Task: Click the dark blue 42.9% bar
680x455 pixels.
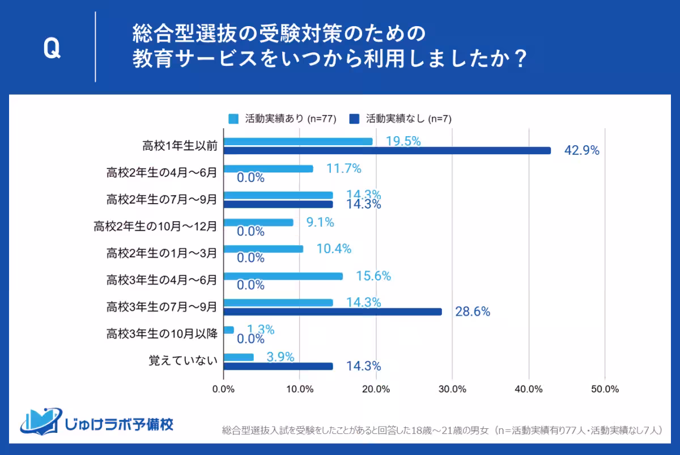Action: pos(387,150)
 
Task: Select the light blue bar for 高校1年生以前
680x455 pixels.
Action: pos(298,141)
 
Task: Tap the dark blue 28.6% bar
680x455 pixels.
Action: pos(333,311)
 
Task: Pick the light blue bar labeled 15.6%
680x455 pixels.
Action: pos(283,276)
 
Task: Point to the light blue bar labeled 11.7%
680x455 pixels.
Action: pos(269,168)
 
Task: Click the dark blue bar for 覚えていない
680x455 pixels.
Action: pos(278,366)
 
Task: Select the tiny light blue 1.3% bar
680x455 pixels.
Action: pos(229,330)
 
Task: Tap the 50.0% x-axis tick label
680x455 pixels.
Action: pos(605,389)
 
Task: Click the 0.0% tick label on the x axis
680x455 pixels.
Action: pos(223,389)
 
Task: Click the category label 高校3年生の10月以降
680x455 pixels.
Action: pos(161,334)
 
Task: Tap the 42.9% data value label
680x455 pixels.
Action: pos(581,151)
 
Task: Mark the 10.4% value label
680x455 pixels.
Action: pos(334,249)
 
